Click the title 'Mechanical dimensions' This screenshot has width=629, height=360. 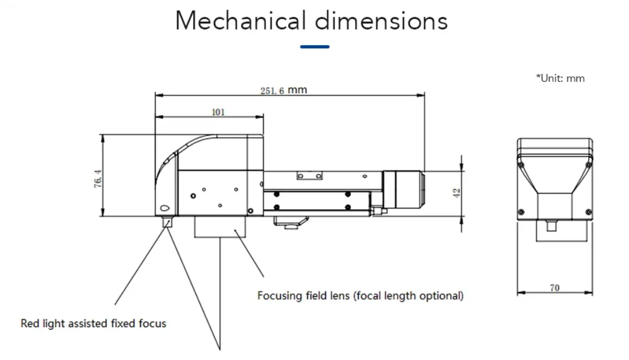pyautogui.click(x=311, y=21)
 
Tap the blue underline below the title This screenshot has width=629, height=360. pyautogui.click(x=314, y=47)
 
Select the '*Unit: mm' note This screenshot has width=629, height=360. pyautogui.click(x=560, y=78)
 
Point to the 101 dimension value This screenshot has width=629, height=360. pyautogui.click(x=218, y=112)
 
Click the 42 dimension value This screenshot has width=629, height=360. pyautogui.click(x=456, y=193)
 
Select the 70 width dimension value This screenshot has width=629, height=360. pyautogui.click(x=554, y=288)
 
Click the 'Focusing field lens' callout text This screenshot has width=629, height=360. pyautogui.click(x=360, y=295)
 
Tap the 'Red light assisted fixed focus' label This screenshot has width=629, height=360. pyautogui.click(x=94, y=323)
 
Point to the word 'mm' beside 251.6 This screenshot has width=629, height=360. pyautogui.click(x=297, y=90)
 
